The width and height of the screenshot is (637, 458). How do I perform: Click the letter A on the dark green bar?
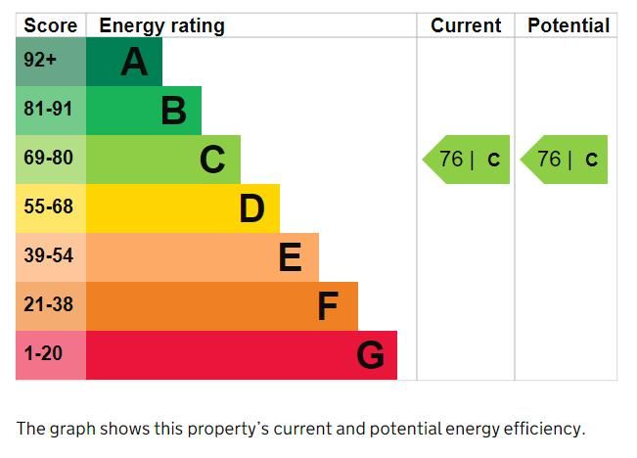click(134, 63)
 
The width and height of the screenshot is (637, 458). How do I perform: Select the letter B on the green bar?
click(173, 112)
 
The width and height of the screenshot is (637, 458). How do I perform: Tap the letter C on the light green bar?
click(212, 160)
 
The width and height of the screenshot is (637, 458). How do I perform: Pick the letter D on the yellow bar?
click(251, 208)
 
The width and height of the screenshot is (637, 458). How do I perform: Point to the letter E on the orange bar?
click(290, 257)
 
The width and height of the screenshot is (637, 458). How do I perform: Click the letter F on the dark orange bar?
click(328, 306)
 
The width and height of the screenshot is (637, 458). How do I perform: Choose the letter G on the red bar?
click(370, 355)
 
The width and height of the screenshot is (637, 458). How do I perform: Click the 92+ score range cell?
click(41, 61)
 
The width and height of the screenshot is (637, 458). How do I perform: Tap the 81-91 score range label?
click(48, 110)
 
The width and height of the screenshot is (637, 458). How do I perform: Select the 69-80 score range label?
click(48, 159)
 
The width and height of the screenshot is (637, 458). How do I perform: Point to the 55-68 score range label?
click(48, 207)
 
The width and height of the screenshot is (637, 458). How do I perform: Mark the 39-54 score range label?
click(48, 256)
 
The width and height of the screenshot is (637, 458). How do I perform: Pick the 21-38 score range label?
click(48, 305)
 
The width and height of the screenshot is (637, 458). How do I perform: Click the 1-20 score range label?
click(43, 354)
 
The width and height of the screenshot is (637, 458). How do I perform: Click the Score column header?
click(50, 25)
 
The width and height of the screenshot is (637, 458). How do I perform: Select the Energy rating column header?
click(161, 25)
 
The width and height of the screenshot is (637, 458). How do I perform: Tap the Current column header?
click(466, 25)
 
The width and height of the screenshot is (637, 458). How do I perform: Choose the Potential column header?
click(569, 25)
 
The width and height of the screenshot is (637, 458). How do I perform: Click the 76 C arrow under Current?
click(468, 160)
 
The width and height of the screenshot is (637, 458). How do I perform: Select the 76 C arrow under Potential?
click(566, 160)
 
